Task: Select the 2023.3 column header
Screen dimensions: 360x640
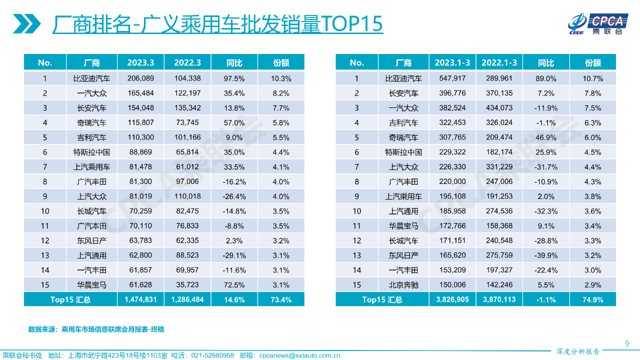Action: click(140, 62)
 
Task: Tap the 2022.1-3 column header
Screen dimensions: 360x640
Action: click(499, 62)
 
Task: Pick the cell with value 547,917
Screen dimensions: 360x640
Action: click(452, 78)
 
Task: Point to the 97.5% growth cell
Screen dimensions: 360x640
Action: click(234, 78)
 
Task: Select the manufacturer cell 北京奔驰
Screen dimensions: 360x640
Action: click(403, 285)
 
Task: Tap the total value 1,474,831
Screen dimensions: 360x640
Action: click(140, 300)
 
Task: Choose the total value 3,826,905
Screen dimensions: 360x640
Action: click(452, 300)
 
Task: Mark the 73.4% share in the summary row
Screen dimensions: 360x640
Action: click(281, 300)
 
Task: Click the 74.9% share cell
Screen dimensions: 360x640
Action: click(593, 300)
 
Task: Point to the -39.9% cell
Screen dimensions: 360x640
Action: click(546, 255)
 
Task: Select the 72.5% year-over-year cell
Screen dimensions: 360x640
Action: click(234, 285)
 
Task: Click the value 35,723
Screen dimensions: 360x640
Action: click(187, 285)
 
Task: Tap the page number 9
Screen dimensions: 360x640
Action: click(627, 342)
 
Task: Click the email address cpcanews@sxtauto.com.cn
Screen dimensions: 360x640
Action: click(299, 355)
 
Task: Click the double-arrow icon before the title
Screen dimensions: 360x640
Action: click(27, 23)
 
